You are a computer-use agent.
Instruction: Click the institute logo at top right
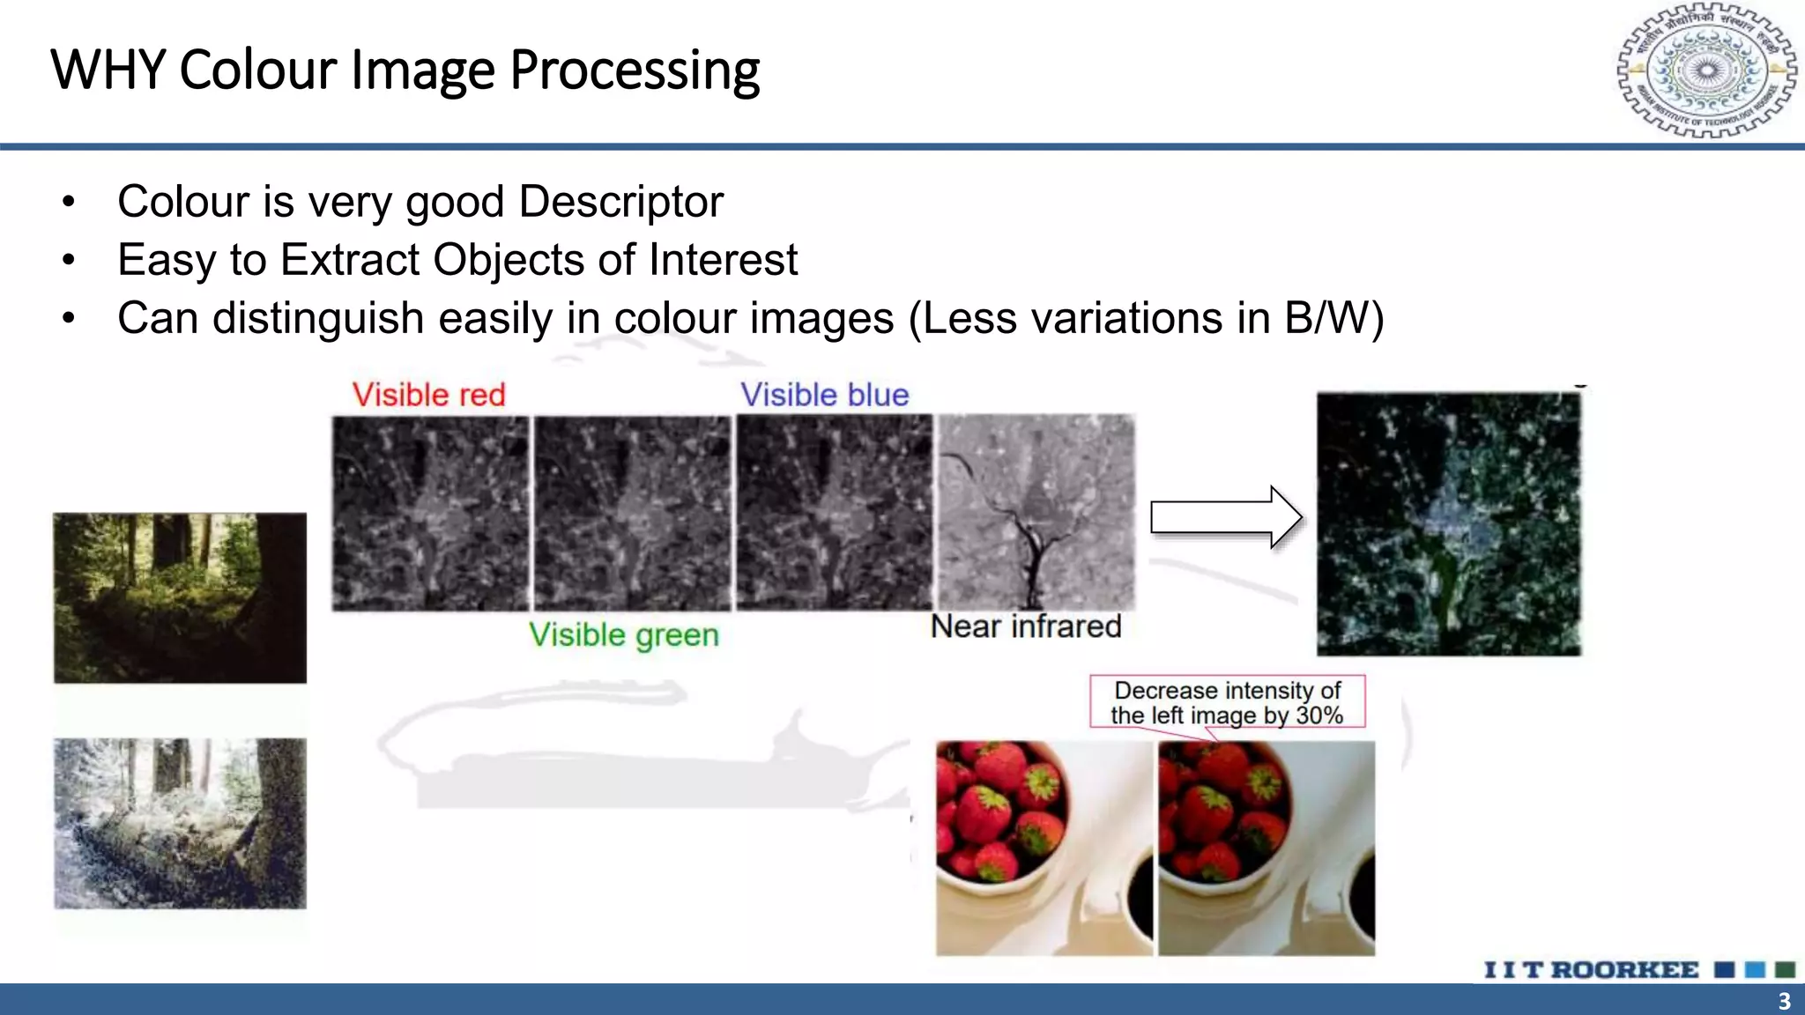(1706, 70)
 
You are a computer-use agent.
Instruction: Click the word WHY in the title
(108, 70)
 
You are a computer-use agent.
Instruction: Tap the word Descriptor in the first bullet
(620, 202)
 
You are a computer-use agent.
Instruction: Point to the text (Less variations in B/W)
(1146, 318)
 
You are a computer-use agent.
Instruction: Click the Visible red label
(428, 395)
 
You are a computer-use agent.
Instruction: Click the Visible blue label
(824, 395)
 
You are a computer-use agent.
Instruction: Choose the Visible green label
(623, 634)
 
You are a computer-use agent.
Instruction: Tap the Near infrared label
(1025, 626)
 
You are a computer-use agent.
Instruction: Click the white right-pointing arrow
(1226, 517)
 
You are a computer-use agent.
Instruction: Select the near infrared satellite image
(1036, 512)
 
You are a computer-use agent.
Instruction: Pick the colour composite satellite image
(1449, 524)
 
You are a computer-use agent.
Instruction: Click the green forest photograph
(180, 597)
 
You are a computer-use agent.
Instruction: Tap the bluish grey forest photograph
(180, 823)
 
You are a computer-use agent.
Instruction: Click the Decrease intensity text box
(1227, 702)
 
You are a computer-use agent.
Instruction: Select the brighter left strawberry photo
(1044, 848)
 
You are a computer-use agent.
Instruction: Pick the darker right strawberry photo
(1266, 848)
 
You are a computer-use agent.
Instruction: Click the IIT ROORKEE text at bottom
(1591, 970)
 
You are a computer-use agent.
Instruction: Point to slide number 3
(1784, 1002)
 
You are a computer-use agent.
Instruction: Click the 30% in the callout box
(1319, 715)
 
